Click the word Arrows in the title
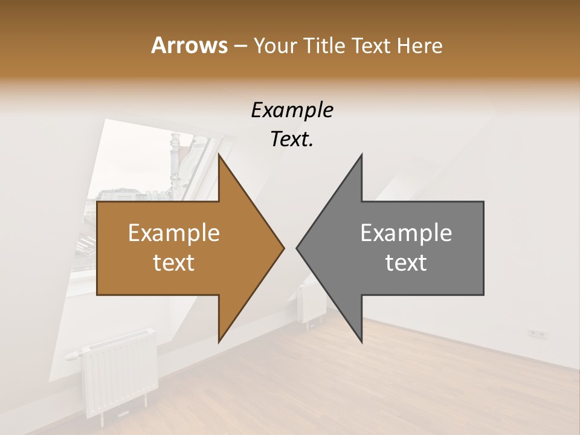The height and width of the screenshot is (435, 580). click(188, 45)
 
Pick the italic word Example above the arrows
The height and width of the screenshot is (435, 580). click(292, 111)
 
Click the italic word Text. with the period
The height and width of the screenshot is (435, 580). click(292, 139)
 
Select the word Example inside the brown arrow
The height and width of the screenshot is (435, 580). click(174, 233)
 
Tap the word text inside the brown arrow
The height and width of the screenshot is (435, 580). click(174, 263)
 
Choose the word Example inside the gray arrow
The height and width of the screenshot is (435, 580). click(406, 233)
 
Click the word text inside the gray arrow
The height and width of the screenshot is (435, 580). click(406, 263)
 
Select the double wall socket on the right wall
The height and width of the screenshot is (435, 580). click(537, 333)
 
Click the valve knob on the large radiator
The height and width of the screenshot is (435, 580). click(72, 355)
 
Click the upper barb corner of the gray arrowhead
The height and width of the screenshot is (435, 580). click(361, 155)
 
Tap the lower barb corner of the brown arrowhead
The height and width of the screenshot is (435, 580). click(219, 341)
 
